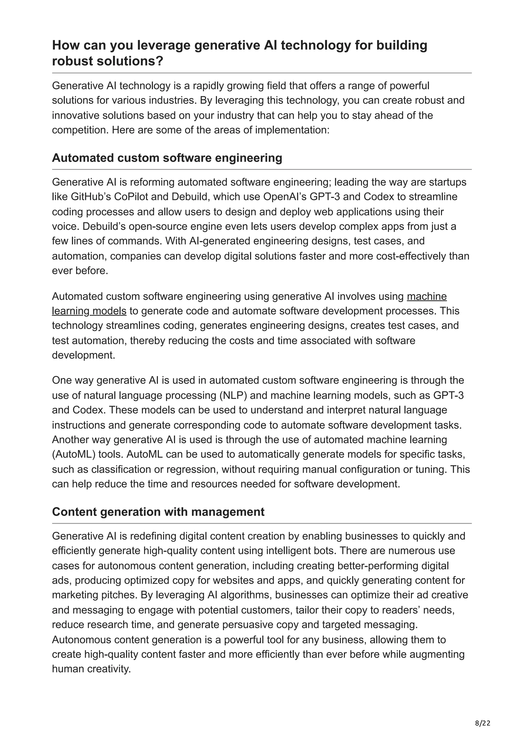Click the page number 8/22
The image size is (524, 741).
(483, 714)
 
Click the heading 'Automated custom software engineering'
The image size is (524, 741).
(167, 158)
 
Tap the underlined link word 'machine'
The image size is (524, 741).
(427, 296)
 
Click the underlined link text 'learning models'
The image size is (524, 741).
(89, 311)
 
